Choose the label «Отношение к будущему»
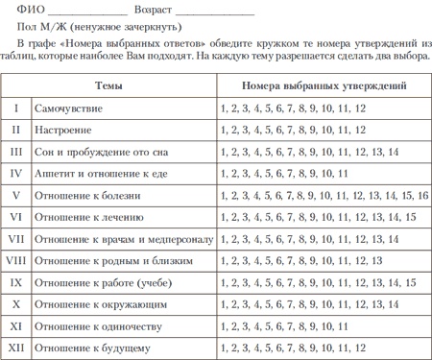[x=93, y=348]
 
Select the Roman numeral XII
[x=16, y=348]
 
